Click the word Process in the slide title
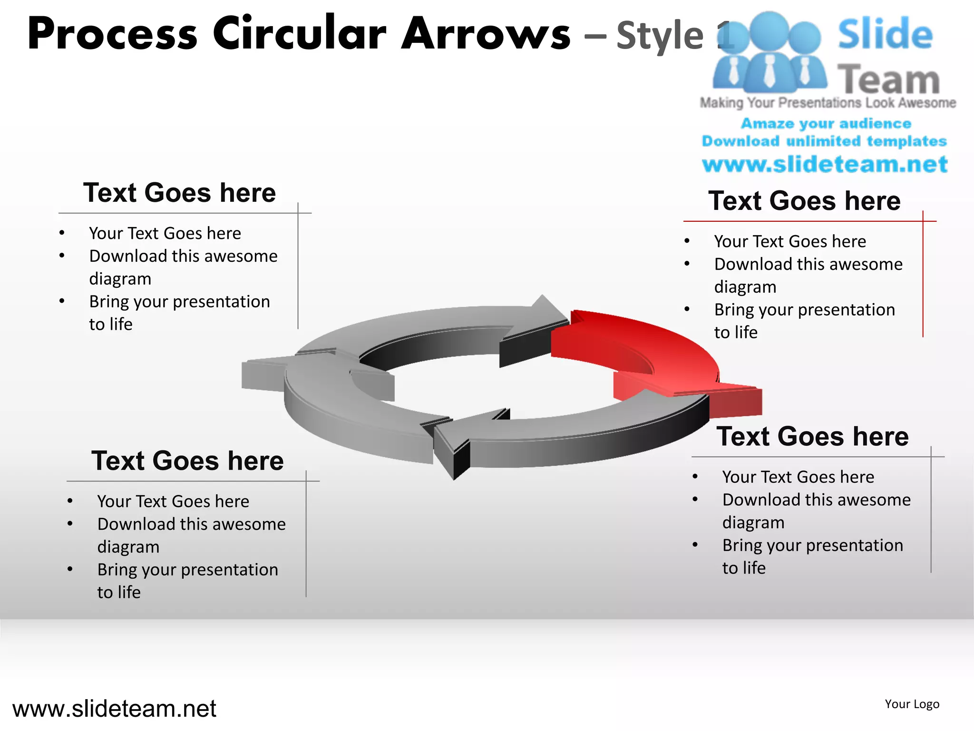(x=112, y=34)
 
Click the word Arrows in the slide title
(x=486, y=34)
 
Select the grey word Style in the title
(x=660, y=36)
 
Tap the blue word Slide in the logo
(x=885, y=34)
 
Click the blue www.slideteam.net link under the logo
(x=825, y=165)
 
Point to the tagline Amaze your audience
(x=826, y=124)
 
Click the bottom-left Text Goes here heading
(x=187, y=461)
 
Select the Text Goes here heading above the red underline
(x=804, y=200)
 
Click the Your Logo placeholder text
(x=912, y=704)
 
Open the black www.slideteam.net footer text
(x=114, y=709)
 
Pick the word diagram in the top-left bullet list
(x=120, y=279)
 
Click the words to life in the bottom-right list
(x=744, y=568)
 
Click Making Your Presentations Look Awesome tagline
(x=828, y=103)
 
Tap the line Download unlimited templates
(x=824, y=141)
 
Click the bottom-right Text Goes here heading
(x=812, y=436)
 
